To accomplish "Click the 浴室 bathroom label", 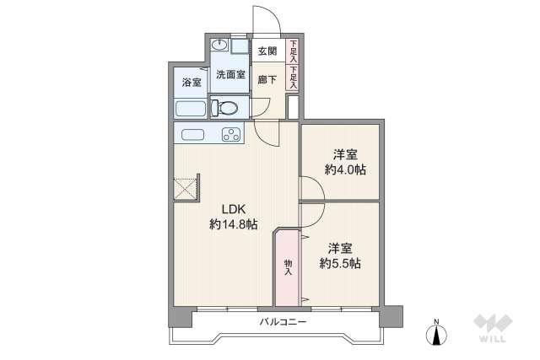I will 192,83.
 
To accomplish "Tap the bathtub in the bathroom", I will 191,108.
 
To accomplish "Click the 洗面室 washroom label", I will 230,75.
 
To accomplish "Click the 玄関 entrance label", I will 267,51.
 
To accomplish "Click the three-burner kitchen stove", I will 230,134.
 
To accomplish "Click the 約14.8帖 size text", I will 234,224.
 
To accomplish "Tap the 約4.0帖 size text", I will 344,169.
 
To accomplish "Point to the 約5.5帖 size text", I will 340,263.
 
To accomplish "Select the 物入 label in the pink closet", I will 288,267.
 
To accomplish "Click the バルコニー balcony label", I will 283,323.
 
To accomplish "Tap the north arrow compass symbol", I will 435,333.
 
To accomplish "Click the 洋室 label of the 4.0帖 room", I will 344,154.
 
